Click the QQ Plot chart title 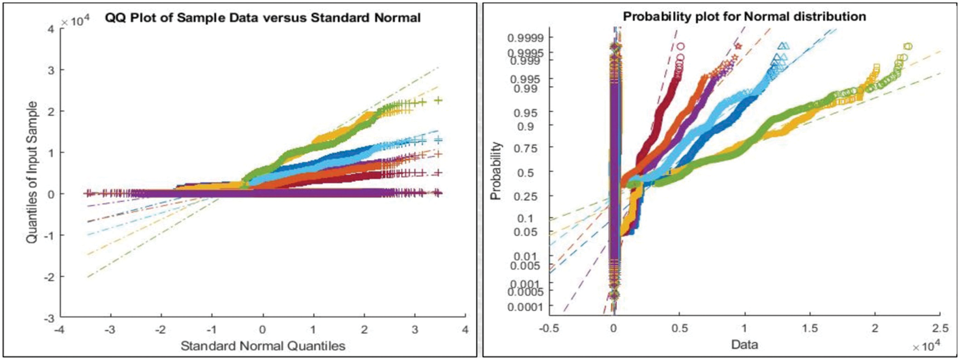pos(262,18)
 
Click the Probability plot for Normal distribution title pos(744,16)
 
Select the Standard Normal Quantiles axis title pos(262,346)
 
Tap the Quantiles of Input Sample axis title pos(32,172)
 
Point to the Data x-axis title pos(744,344)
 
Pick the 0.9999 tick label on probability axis pos(526,38)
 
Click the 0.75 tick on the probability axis pos(530,148)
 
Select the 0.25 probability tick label pos(530,196)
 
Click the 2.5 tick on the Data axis pos(940,328)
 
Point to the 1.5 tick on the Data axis pos(810,328)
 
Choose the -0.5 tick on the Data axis pos(549,328)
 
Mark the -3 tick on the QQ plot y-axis pos(49,318)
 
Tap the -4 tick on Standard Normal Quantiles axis pos(59,329)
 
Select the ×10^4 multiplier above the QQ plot pos(74,22)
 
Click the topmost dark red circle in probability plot pos(680,47)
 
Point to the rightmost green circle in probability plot pos(908,47)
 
